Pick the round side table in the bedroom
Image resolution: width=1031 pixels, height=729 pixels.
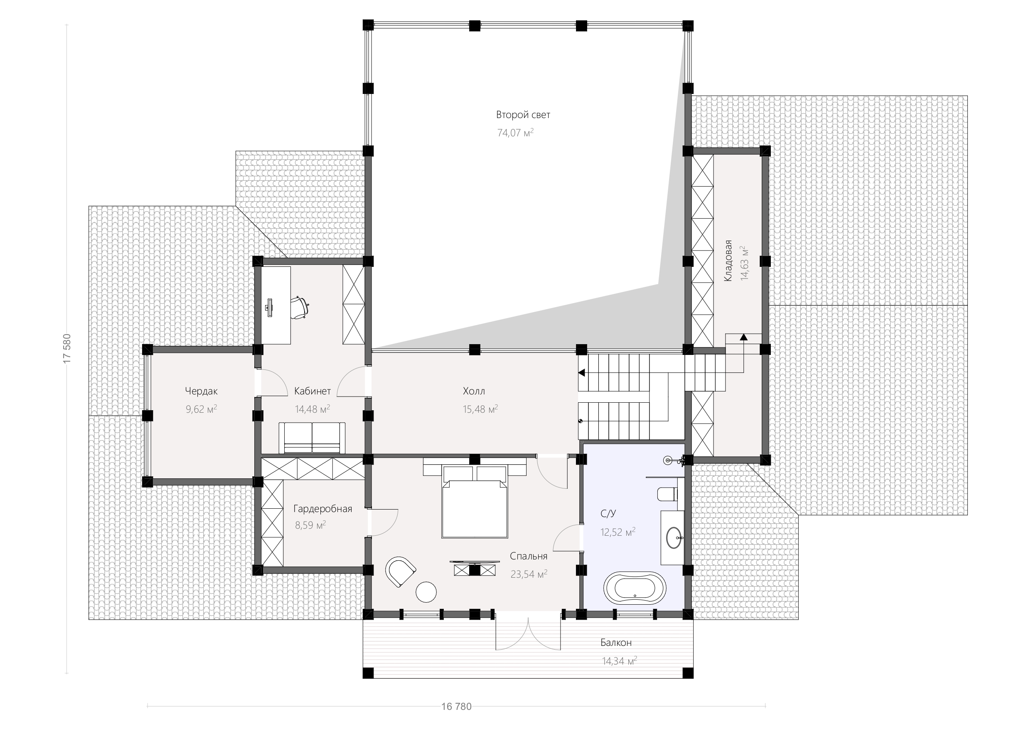(426, 592)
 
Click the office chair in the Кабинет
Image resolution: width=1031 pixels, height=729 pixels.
(300, 307)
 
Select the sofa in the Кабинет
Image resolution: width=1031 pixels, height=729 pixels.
(312, 438)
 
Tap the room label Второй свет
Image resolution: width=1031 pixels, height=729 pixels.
(523, 115)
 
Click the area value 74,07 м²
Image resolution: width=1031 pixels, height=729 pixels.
(515, 133)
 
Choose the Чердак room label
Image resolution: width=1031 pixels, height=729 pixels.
(201, 391)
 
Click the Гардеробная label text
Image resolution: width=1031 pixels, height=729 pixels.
(323, 509)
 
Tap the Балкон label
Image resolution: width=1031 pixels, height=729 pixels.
(616, 643)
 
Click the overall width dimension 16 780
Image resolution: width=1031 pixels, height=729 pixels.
(457, 707)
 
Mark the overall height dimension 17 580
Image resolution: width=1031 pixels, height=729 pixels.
(67, 349)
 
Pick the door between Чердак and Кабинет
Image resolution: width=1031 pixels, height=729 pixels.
(271, 383)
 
